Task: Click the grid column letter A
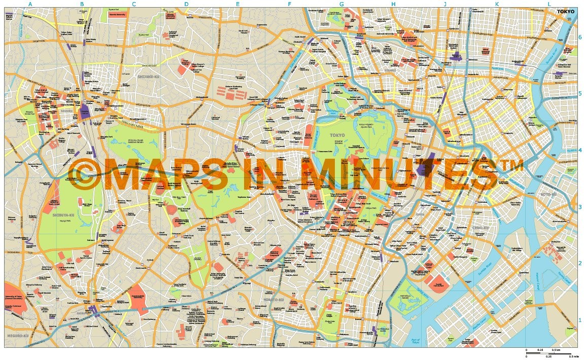click(30, 5)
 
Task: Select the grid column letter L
click(548, 5)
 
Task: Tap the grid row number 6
click(580, 37)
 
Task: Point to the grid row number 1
click(580, 320)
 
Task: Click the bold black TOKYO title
click(566, 12)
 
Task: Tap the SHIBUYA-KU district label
click(64, 215)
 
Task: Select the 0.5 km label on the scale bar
click(556, 350)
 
